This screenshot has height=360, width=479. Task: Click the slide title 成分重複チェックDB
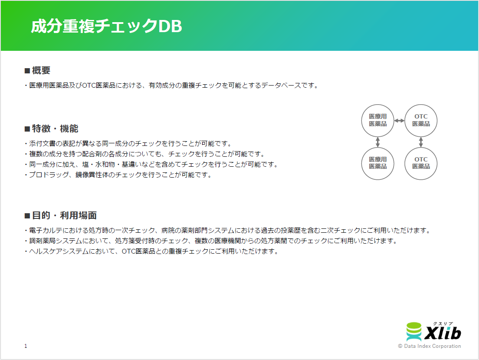[106, 26]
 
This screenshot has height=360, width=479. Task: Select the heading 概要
[41, 71]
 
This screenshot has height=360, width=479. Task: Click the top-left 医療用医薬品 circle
[378, 120]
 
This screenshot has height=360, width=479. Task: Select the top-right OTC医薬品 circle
[421, 120]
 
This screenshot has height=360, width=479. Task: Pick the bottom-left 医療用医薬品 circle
[378, 163]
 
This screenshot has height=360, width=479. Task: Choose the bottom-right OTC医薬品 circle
[421, 163]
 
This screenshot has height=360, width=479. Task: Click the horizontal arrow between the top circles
[399, 121]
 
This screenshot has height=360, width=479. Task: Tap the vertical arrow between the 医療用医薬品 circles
[378, 142]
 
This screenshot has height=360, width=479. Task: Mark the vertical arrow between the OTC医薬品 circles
[421, 142]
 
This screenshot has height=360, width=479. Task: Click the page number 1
[26, 346]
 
